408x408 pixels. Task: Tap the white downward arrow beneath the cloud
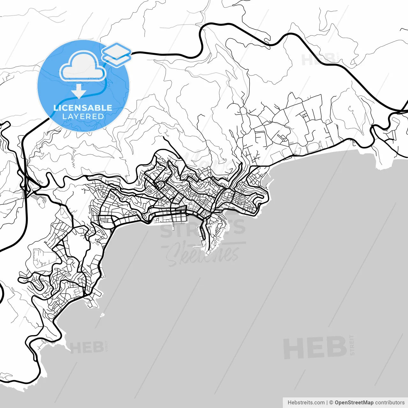pos(79,91)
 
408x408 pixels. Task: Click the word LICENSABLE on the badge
pos(83,108)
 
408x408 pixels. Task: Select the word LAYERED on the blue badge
pos(83,117)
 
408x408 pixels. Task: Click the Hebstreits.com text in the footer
pos(306,403)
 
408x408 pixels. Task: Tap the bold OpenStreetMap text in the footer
pos(354,403)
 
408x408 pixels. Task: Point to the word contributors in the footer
pos(390,403)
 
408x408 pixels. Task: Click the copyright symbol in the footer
pos(331,403)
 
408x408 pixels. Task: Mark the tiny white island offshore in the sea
pos(102,315)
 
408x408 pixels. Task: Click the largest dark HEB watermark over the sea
pos(315,347)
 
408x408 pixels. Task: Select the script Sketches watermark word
pos(202,255)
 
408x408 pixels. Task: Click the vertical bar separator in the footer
pos(327,403)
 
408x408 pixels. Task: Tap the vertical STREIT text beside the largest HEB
pos(352,345)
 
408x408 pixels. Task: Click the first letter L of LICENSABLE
pos(55,108)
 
